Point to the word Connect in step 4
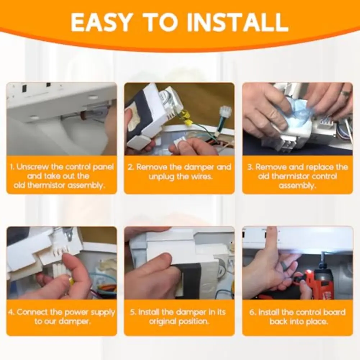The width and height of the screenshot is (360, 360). pos(32,312)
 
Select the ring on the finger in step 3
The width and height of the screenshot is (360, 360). pos(345,94)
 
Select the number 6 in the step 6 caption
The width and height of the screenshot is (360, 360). pos(252,312)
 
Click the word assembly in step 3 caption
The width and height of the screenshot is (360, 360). pos(297,186)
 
